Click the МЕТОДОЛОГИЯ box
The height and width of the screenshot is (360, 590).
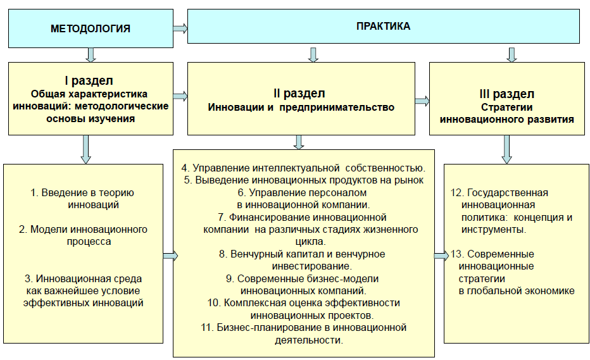pos(90,28)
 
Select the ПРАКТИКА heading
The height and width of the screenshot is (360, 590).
pos(383,27)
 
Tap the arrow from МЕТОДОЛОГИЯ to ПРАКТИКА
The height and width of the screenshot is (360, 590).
pos(180,28)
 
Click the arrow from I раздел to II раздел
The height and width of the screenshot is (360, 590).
pos(180,96)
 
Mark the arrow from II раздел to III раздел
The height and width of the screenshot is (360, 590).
pos(422,101)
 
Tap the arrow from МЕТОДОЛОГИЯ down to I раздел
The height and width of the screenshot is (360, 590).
pos(91,54)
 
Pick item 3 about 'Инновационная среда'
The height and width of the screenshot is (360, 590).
pos(83,290)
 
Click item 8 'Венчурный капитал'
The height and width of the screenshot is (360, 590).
pos(302,259)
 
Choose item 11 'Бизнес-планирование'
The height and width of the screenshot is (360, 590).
pos(302,333)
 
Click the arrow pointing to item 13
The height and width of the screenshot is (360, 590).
pos(441,255)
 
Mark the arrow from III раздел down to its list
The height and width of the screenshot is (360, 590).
pos(506,149)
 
